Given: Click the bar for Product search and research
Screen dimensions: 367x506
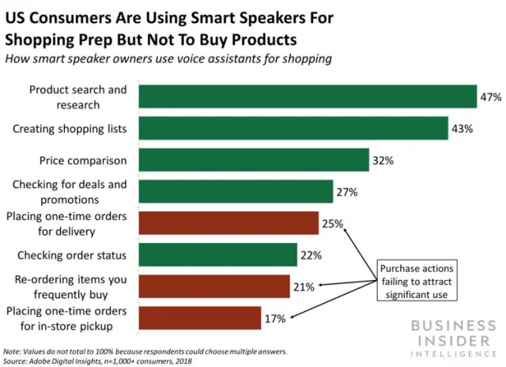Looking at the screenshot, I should (x=308, y=96).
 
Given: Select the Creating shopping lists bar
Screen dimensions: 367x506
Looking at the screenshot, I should (x=293, y=127).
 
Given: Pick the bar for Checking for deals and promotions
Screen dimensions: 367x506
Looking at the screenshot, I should (x=236, y=191).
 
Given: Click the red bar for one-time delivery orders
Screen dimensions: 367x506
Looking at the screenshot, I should (x=228, y=223).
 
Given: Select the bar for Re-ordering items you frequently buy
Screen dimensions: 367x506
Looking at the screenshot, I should (x=214, y=286).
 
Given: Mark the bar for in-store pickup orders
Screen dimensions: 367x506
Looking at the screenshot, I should (x=200, y=318).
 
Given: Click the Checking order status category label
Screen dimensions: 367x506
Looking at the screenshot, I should (x=73, y=255).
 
